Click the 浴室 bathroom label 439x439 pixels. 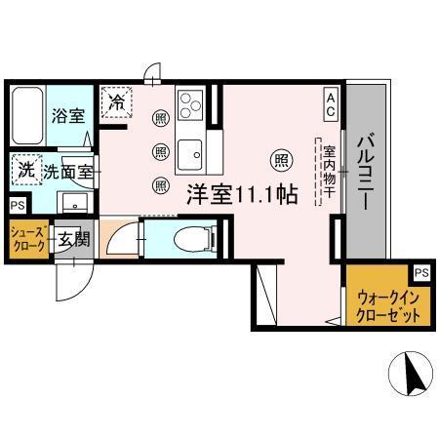[67, 115]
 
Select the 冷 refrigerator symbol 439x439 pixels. [118, 100]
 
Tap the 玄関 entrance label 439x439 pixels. [71, 239]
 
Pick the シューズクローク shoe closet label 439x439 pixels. [27, 240]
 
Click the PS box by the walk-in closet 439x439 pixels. [420, 273]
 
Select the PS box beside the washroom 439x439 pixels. [17, 205]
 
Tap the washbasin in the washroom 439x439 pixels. [72, 203]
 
